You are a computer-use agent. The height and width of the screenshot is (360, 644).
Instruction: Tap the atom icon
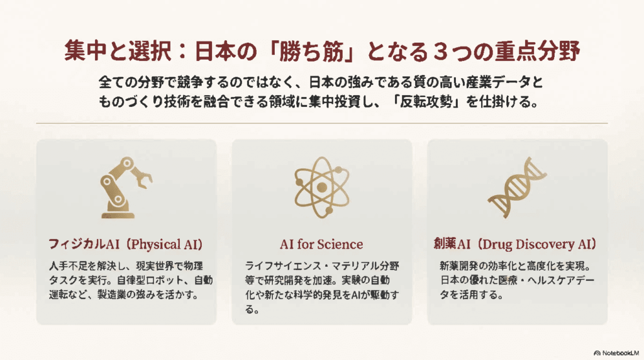[x=321, y=187]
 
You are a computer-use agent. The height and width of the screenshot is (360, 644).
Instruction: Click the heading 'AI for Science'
[x=321, y=244]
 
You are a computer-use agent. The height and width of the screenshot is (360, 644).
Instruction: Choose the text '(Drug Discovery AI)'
[x=543, y=244]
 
